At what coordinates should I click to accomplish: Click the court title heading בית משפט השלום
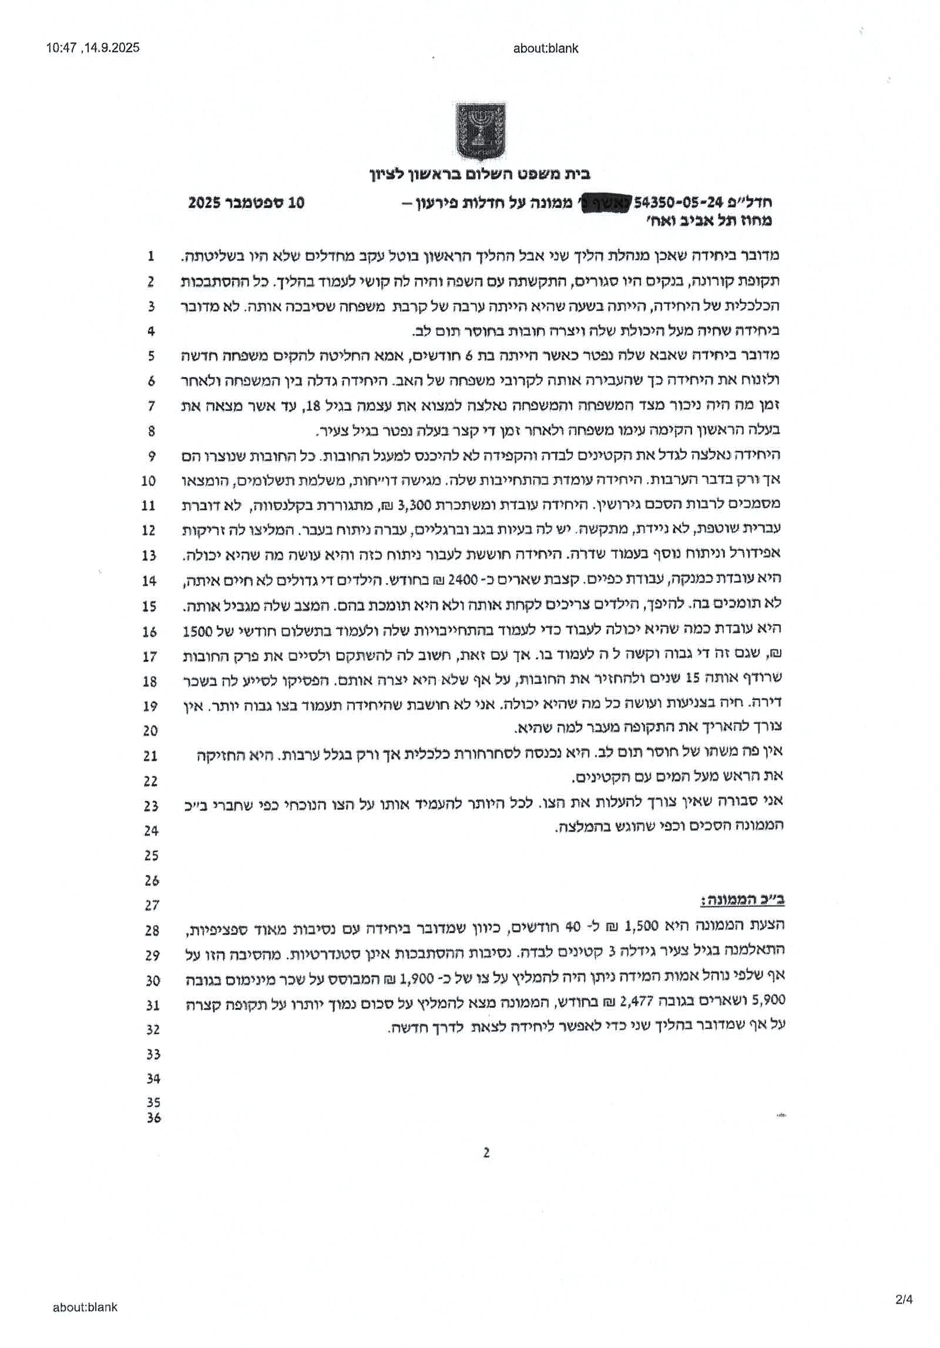pyautogui.click(x=479, y=175)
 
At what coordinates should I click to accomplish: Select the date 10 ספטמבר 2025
pyautogui.click(x=246, y=203)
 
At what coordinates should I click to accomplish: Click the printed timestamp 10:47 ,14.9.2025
pyautogui.click(x=93, y=48)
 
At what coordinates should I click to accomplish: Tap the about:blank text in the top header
pyautogui.click(x=545, y=49)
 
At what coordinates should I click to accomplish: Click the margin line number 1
pyautogui.click(x=151, y=256)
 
